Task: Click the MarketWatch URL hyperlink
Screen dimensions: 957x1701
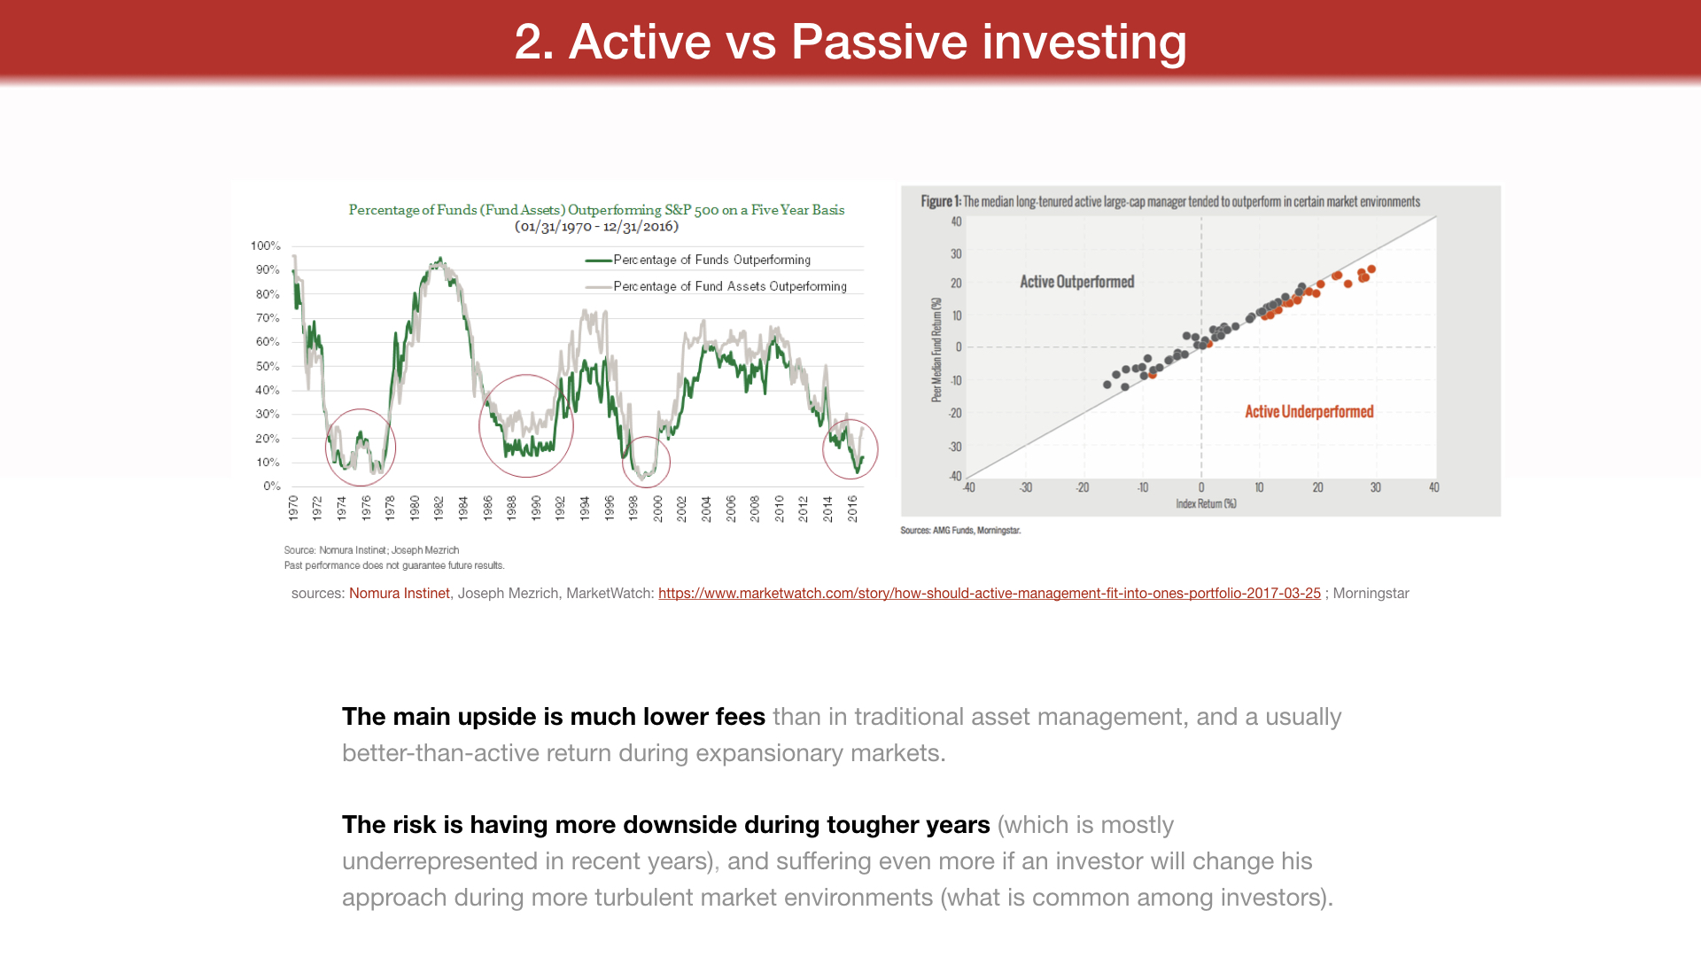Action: point(989,594)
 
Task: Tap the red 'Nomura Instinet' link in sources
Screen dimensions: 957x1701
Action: point(399,594)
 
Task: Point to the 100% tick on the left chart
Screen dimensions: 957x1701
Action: point(265,245)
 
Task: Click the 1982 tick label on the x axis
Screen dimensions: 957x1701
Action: point(439,508)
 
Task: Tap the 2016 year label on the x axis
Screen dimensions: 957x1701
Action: point(852,508)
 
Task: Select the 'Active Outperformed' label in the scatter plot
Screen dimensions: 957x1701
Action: point(1076,282)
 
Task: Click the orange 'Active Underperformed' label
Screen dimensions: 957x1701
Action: point(1309,412)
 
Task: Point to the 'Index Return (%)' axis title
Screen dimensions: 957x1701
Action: point(1206,504)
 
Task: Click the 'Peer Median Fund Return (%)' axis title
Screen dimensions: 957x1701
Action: point(936,350)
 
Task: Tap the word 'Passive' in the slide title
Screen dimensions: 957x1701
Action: point(878,42)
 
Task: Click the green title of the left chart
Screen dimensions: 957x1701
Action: point(596,210)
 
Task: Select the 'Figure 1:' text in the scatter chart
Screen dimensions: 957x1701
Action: point(940,202)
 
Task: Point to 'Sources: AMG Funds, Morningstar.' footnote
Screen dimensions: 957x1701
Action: point(960,531)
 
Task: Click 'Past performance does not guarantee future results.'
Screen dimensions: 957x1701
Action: point(394,565)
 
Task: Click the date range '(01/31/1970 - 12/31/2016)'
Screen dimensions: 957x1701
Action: point(596,227)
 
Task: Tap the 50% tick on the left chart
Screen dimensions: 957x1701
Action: point(267,366)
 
